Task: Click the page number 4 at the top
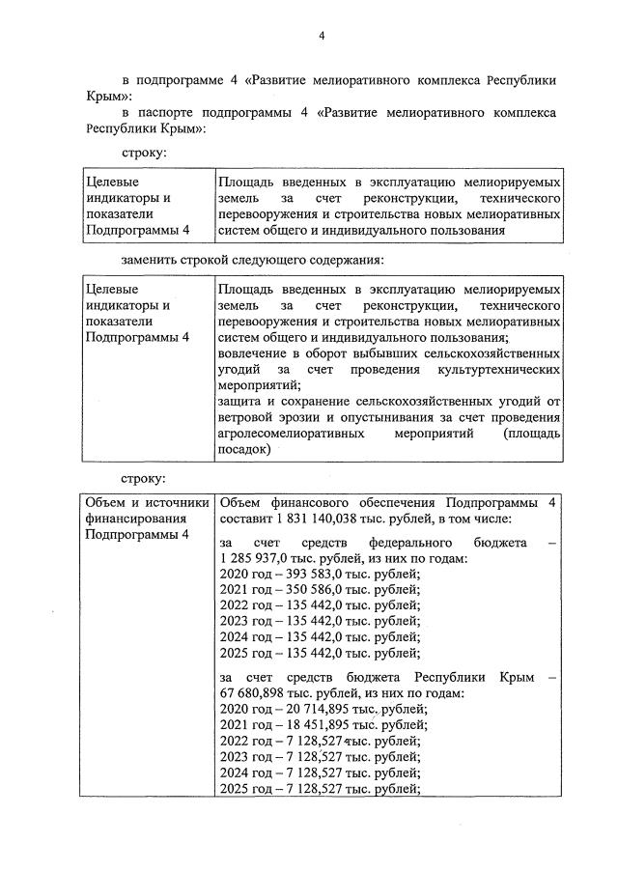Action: pos(323,37)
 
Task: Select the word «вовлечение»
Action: pos(253,352)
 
